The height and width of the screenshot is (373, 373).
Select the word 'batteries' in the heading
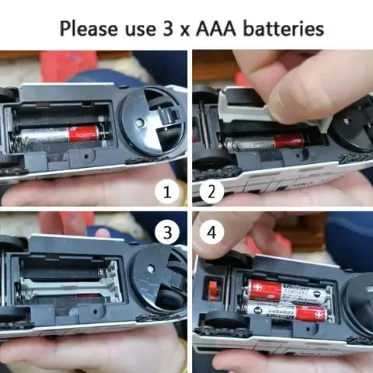pyautogui.click(x=284, y=29)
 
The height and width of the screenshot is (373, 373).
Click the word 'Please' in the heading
pyautogui.click(x=88, y=29)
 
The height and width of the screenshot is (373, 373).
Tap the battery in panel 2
pyautogui.click(x=264, y=142)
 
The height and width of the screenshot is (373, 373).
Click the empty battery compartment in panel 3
pyautogui.click(x=70, y=280)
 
